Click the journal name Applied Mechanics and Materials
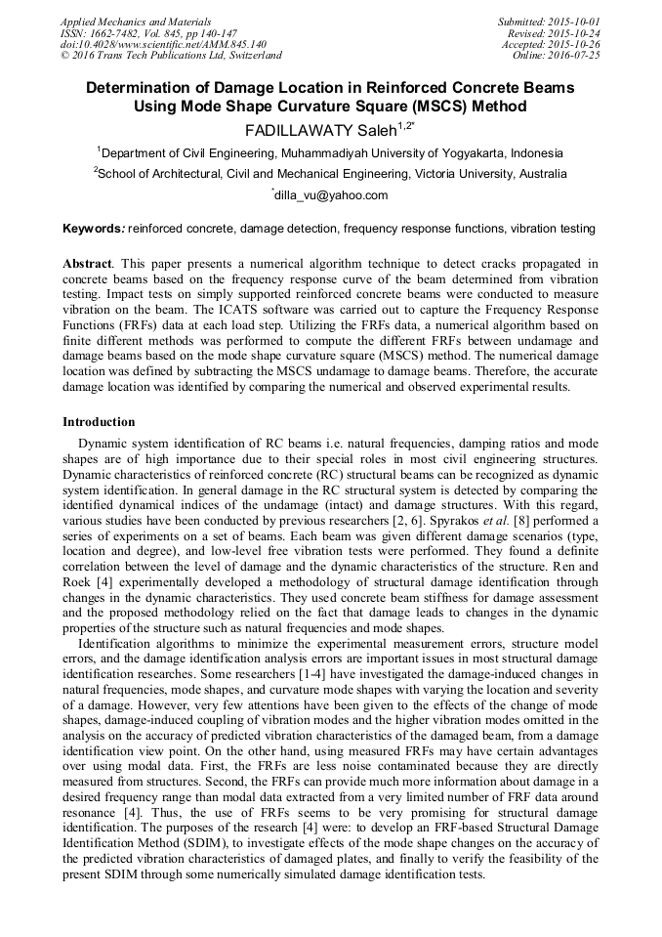136,21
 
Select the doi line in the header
163,45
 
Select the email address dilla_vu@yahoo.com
331,195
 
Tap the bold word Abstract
86,265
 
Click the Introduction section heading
99,422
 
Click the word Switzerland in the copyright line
250,56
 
